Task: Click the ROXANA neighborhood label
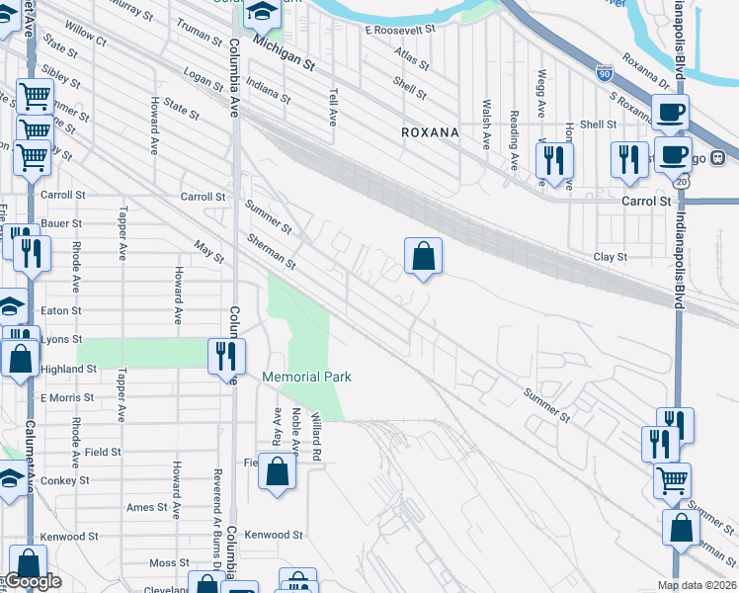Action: point(430,131)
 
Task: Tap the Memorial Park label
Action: point(307,377)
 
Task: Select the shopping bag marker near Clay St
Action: point(423,257)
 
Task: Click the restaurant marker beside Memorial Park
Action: point(227,355)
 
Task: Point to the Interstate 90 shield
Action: point(605,72)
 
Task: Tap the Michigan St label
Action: point(283,53)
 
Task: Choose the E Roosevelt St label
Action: point(400,31)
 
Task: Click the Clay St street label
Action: point(610,257)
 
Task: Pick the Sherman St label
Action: point(272,252)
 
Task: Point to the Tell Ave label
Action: point(333,105)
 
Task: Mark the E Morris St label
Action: point(66,397)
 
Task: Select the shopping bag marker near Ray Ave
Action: point(278,470)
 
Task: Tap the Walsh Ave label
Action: point(486,124)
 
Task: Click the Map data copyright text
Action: point(698,585)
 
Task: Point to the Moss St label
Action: point(162,562)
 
